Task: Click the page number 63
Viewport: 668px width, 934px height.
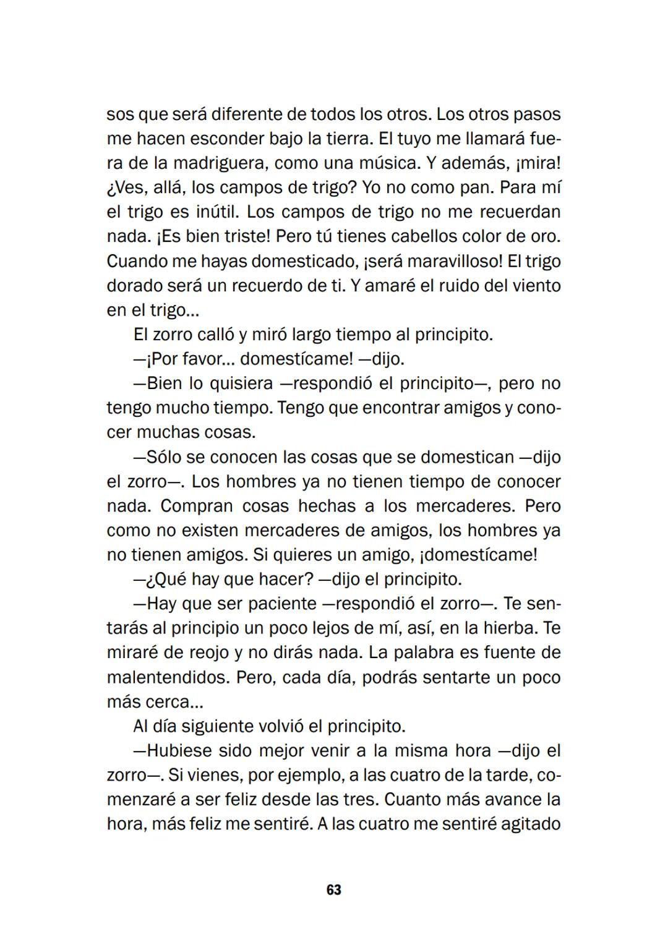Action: [x=333, y=890]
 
